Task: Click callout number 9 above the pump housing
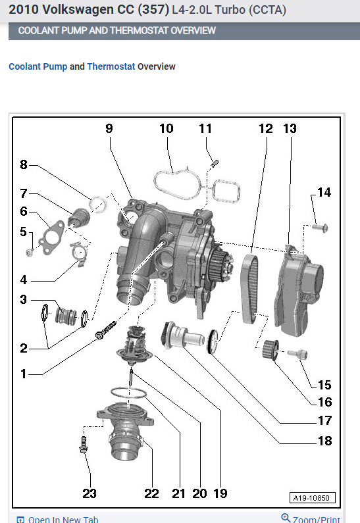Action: tap(109, 128)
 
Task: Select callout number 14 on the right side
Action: tap(324, 192)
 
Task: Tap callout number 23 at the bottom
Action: tap(90, 493)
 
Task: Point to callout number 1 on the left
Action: tap(23, 374)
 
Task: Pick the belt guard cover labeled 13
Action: tap(298, 290)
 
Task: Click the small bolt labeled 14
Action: tap(320, 228)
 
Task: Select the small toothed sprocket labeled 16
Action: tap(270, 350)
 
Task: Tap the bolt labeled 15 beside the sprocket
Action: tap(297, 354)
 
